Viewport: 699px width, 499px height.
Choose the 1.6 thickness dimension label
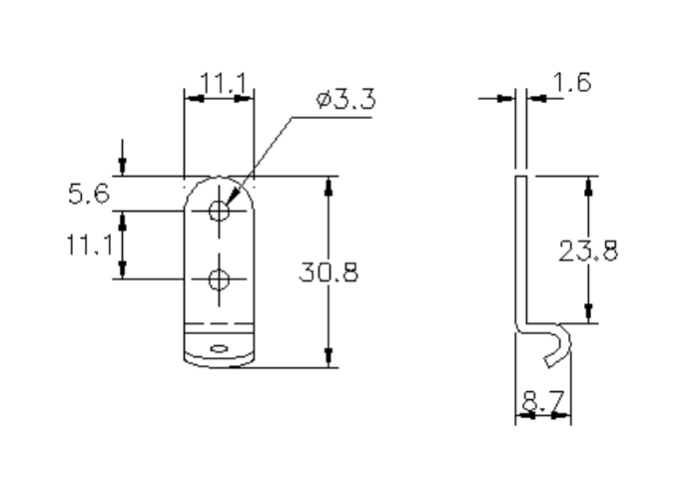pos(569,85)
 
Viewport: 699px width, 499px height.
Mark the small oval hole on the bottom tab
pos(219,348)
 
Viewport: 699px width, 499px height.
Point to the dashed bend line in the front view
pos(219,325)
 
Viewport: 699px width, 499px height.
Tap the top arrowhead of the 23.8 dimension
pos(588,186)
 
